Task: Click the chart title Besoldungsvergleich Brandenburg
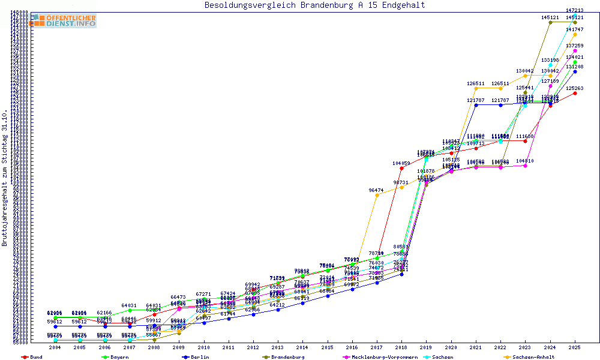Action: pos(314,5)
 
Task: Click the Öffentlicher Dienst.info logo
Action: pos(64,20)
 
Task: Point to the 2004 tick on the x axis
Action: pos(55,347)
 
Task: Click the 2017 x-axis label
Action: pos(377,347)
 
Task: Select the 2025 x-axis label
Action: pos(575,347)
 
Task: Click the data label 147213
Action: pos(575,11)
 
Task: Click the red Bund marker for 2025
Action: pos(575,93)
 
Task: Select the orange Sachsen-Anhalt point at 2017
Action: pos(377,195)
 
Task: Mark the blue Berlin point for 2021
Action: pos(476,105)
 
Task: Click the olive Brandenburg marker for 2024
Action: pos(550,23)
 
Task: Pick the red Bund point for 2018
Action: pos(401,168)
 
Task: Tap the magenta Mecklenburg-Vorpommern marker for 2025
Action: pos(575,51)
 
